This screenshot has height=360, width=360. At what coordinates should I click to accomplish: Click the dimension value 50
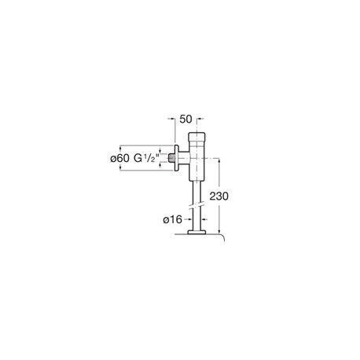click(186, 119)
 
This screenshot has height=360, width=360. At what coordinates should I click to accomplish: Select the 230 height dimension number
click(219, 196)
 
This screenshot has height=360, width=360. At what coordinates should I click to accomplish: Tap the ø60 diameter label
click(119, 158)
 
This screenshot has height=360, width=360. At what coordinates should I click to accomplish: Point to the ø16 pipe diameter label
click(172, 219)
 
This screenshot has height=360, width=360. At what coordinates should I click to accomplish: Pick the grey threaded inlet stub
click(171, 158)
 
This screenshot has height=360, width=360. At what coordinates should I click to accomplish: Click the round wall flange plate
click(177, 158)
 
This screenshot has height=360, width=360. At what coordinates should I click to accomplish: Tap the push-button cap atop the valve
click(197, 137)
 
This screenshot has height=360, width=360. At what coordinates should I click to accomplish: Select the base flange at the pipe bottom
click(197, 232)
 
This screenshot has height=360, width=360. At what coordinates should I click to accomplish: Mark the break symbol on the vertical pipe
click(197, 204)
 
